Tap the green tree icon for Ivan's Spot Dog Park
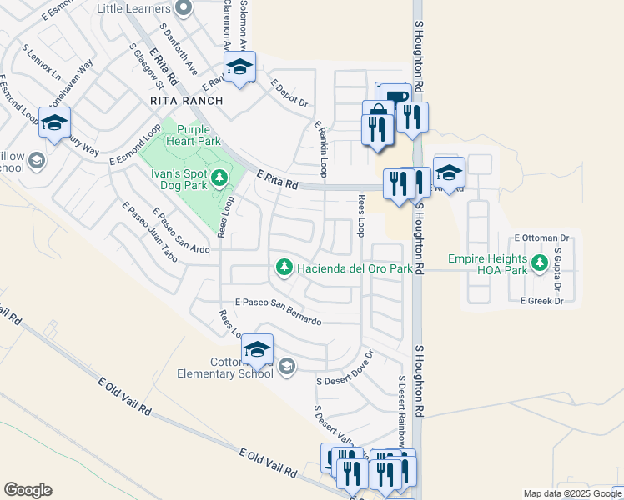219,177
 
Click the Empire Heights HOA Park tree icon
540,263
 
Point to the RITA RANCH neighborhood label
187,101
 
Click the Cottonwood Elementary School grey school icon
287,367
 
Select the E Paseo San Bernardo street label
278,310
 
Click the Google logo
28,490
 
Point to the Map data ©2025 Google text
572,493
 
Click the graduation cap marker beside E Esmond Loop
54,123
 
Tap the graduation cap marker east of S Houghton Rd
449,172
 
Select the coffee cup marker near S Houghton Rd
397,95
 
